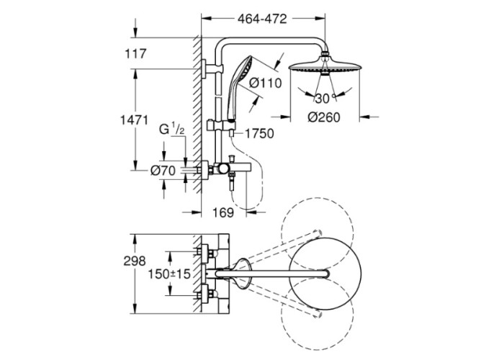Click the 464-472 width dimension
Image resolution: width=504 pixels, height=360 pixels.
[x=262, y=19]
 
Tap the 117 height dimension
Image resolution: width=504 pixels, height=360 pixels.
[x=135, y=54]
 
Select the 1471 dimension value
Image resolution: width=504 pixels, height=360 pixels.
[x=134, y=120]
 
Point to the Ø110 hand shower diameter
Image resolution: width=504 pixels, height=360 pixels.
[x=266, y=83]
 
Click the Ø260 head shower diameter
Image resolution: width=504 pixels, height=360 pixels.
[x=324, y=117]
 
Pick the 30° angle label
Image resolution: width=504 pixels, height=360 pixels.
[x=325, y=99]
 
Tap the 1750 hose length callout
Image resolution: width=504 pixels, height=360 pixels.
[x=259, y=133]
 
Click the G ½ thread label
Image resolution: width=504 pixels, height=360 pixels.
[x=172, y=130]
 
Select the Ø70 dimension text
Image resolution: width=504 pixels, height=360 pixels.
[x=163, y=171]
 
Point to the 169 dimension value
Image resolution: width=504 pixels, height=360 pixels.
[x=223, y=212]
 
